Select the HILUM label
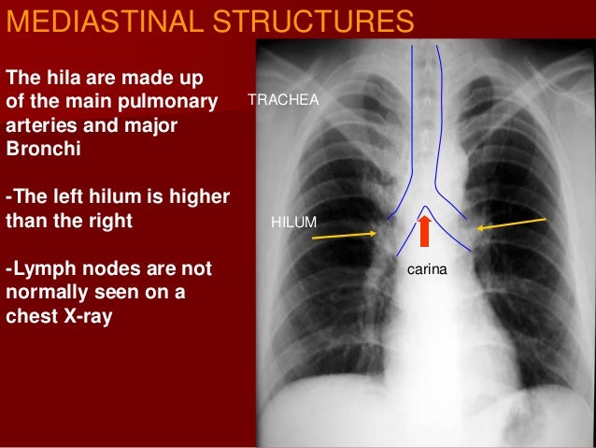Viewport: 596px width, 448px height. click(x=294, y=222)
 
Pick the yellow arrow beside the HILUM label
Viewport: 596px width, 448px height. click(x=340, y=236)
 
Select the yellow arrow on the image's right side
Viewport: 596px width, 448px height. click(x=512, y=224)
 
